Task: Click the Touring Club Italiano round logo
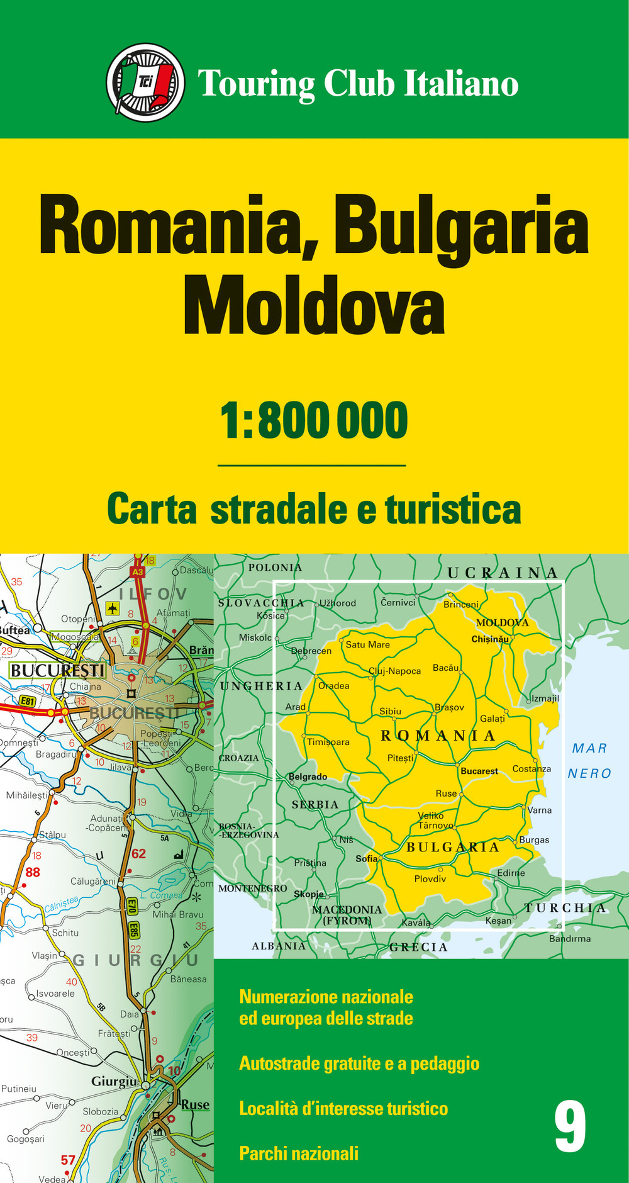pos(146,82)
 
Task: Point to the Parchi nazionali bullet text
pos(299,1153)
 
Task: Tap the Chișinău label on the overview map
pos(490,639)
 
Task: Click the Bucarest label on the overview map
pos(479,771)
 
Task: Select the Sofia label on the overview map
pos(367,858)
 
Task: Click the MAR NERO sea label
pos(589,760)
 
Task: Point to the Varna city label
pos(540,810)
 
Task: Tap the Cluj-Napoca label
pos(395,671)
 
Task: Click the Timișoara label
pos(328,742)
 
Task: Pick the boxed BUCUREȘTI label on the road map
pos(57,670)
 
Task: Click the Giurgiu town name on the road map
pos(114,1081)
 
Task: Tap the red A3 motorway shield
pos(137,572)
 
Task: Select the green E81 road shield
pos(27,700)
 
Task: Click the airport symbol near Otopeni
pos(113,608)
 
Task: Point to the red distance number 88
pos(33,872)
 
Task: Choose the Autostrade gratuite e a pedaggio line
pos(359,1063)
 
